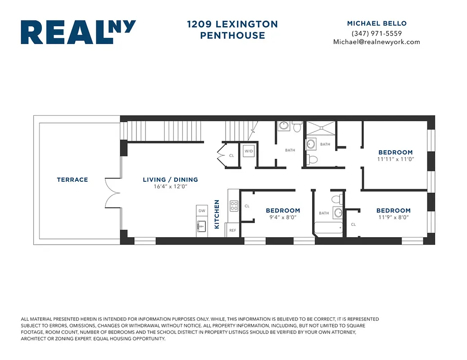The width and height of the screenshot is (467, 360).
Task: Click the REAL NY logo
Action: [78, 32]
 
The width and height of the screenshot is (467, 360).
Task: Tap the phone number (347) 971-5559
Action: [376, 33]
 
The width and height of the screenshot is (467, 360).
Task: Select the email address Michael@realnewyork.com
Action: [376, 42]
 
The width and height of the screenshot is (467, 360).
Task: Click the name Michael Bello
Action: [376, 23]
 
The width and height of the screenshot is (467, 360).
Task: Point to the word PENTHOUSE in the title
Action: [232, 35]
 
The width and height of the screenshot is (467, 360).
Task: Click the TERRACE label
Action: [72, 180]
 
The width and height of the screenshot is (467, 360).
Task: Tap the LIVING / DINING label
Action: [170, 180]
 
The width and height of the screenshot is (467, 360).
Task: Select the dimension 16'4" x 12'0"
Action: [170, 186]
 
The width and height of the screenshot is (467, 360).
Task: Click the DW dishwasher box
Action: [202, 211]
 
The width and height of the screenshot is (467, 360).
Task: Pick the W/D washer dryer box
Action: [249, 152]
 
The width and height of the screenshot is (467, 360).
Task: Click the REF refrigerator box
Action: [232, 230]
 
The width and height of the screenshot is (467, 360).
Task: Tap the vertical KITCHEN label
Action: [217, 214]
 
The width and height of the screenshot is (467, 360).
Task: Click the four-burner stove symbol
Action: [234, 206]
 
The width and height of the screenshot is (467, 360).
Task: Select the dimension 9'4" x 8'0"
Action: [282, 217]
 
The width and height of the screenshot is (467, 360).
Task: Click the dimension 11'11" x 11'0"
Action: [395, 159]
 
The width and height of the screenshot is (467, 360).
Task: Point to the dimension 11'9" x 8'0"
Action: [393, 217]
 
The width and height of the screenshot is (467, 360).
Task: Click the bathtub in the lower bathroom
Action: [328, 229]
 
